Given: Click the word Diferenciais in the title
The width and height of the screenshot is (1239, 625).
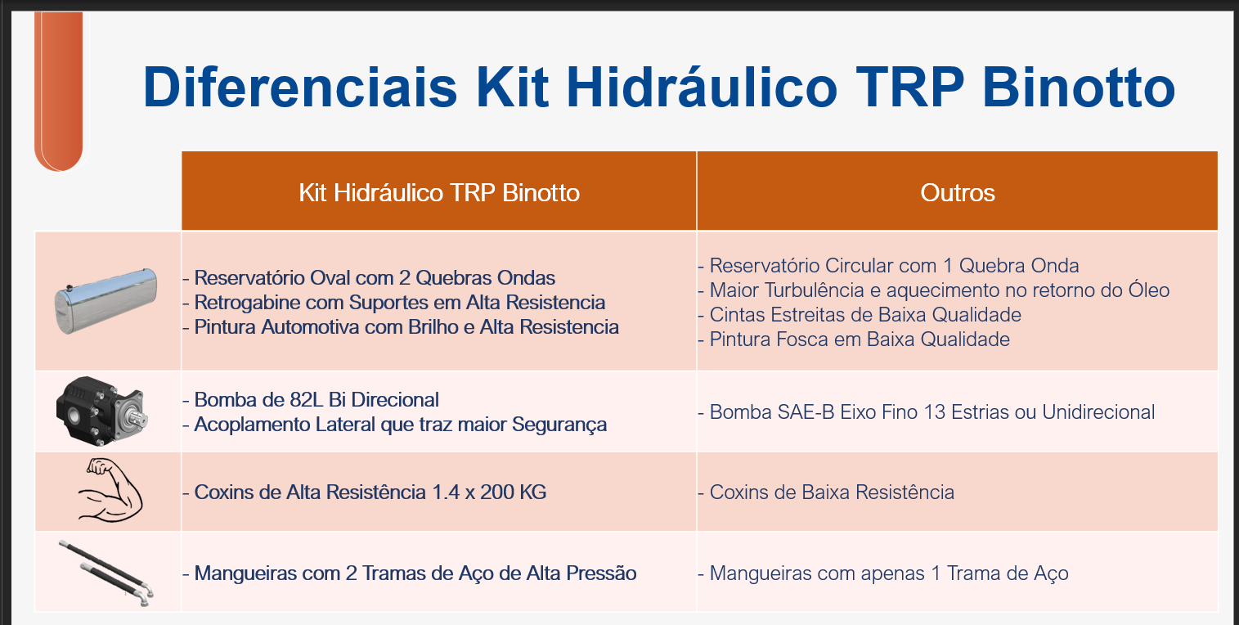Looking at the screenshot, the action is (300, 88).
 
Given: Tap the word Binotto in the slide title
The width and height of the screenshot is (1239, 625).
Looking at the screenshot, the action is (1079, 88).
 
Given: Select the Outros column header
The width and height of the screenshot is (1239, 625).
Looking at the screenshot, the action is (958, 192).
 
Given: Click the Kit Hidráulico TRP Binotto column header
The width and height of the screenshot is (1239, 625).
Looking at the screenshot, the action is (439, 192).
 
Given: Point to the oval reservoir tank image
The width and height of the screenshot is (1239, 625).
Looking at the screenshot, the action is (105, 301).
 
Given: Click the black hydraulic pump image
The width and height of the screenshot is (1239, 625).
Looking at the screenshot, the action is (101, 411).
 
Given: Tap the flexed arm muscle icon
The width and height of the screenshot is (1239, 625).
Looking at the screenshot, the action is (110, 491).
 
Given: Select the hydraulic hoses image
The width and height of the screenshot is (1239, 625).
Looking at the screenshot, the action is (106, 573).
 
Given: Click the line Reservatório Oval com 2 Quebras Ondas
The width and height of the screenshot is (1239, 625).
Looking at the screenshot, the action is (369, 277).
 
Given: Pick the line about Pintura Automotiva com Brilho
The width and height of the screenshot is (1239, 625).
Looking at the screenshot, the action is (401, 327).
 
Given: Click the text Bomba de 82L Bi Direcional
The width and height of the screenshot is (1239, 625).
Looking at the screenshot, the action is (311, 399).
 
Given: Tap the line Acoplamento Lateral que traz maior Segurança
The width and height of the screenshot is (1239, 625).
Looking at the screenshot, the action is (394, 425).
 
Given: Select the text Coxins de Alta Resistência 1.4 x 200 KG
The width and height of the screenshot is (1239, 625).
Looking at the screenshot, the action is (365, 492).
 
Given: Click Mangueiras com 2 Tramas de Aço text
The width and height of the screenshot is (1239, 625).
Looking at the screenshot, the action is (409, 573).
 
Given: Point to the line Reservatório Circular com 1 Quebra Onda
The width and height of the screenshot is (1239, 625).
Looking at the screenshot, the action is (888, 266).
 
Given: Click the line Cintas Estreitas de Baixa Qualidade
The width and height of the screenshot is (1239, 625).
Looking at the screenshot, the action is (860, 315).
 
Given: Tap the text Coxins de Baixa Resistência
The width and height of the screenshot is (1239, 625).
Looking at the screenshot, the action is (826, 492).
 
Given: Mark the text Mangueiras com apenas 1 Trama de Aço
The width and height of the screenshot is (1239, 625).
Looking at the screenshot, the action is (883, 573).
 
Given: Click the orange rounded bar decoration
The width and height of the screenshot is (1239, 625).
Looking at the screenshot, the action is (59, 92).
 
